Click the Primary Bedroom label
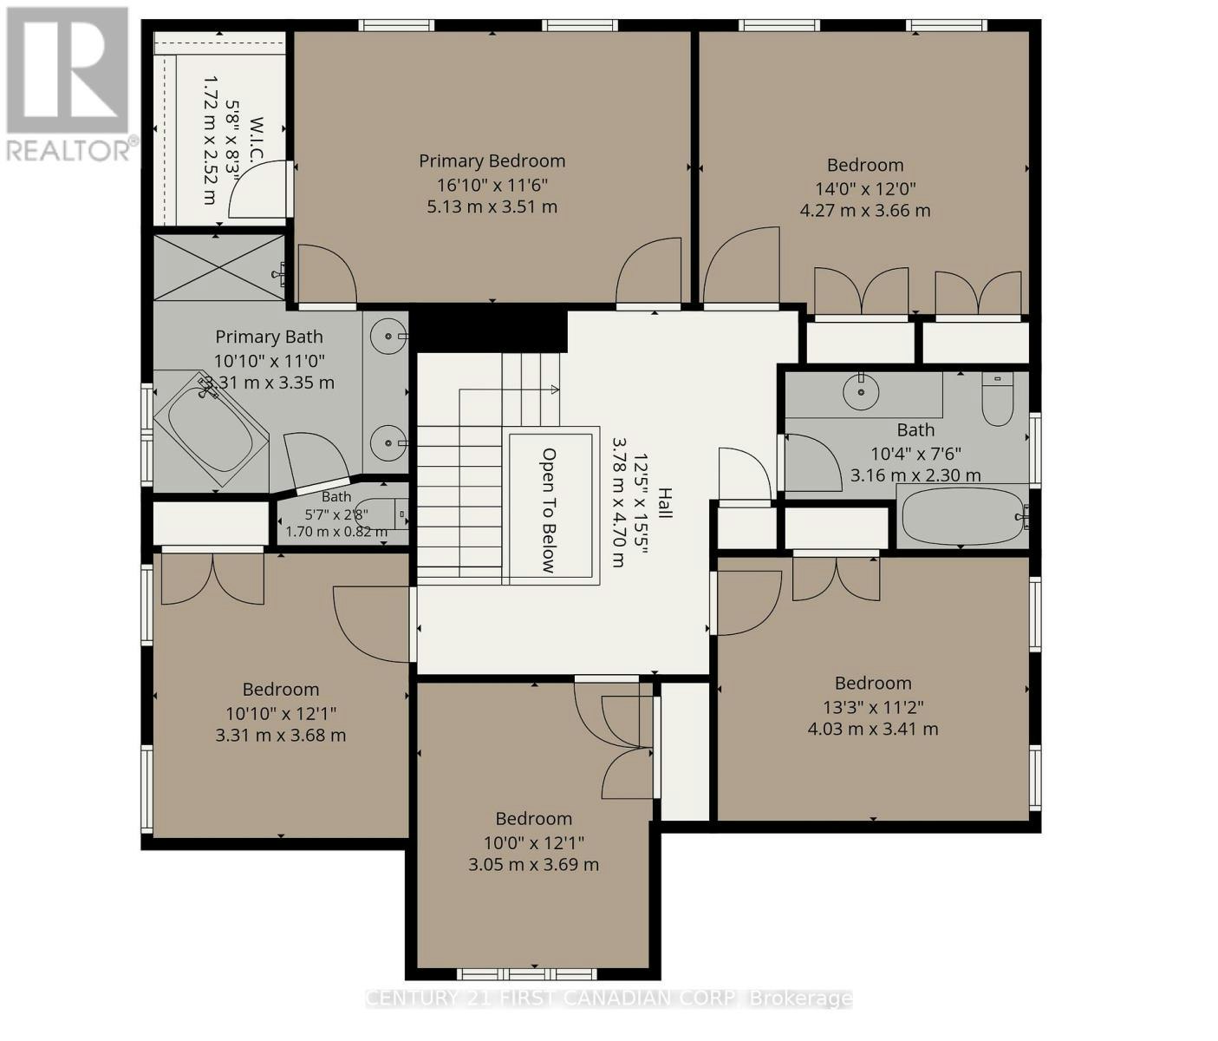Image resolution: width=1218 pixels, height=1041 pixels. coord(492,161)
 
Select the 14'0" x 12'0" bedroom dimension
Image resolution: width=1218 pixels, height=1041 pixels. coord(865,189)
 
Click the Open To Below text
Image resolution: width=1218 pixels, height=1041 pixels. coord(549,510)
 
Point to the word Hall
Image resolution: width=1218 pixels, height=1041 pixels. coord(665,502)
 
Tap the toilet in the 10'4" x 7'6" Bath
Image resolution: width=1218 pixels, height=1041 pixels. coord(997,399)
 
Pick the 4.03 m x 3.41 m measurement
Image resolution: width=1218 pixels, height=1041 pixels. coord(873,729)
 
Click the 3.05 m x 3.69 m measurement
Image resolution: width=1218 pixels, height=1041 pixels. coord(533,865)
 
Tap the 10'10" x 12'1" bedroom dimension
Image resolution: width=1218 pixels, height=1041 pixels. coord(281,714)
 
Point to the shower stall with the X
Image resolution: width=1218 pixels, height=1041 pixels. coord(218,268)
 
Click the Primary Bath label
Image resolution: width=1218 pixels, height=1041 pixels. coord(269,337)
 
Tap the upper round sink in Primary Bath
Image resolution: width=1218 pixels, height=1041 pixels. coord(388,337)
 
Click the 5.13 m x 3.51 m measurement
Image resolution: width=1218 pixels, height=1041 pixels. coord(492,207)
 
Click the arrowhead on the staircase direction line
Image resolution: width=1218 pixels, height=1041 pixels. coord(555,390)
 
